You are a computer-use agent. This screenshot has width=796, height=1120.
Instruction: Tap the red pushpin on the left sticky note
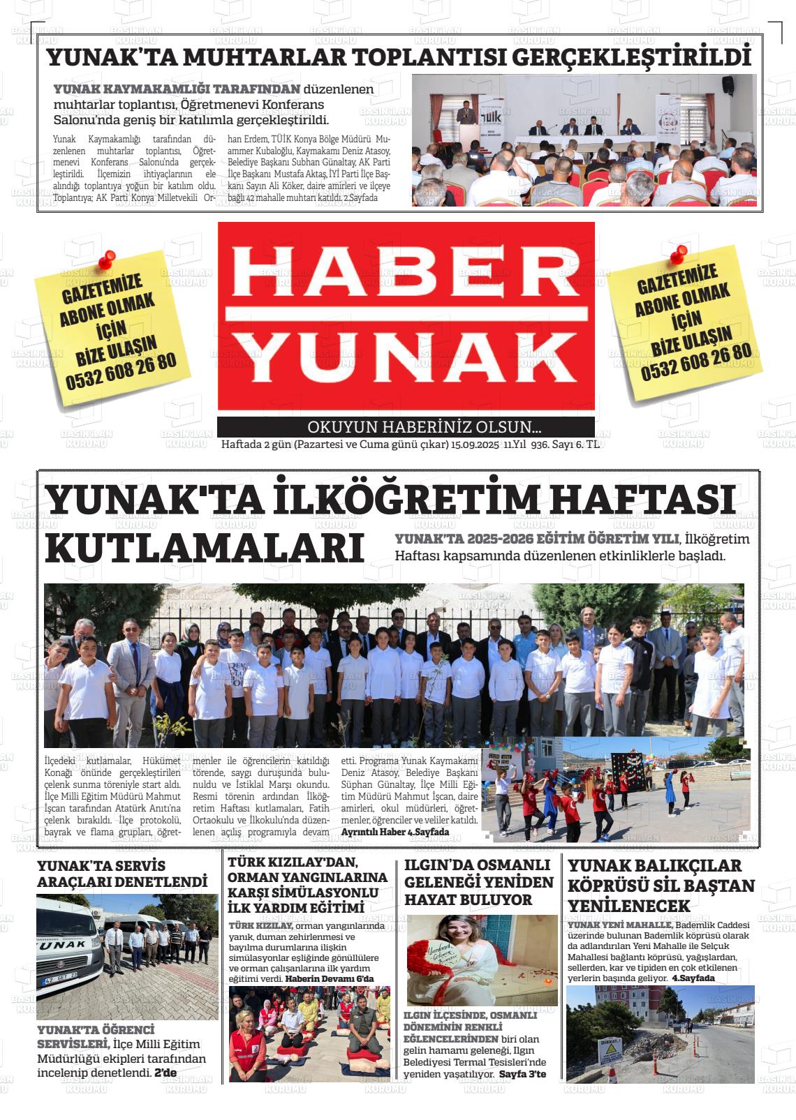tap(107, 260)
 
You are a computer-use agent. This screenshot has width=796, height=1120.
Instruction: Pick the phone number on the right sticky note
tap(696, 361)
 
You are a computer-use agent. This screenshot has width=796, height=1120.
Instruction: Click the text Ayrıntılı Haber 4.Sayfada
tap(395, 832)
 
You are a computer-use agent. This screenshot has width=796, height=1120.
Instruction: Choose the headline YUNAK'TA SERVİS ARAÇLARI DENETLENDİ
tap(122, 874)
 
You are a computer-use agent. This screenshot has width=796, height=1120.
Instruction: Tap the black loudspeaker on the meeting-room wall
tap(728, 85)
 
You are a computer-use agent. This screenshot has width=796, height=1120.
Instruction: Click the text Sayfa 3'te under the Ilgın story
tap(522, 1073)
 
